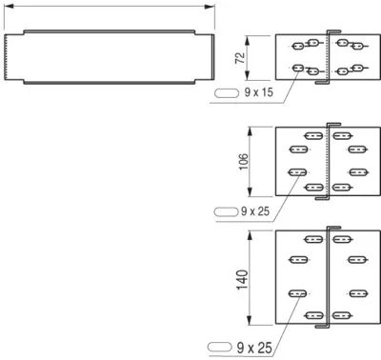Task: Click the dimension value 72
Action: point(240,58)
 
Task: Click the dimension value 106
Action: point(244,162)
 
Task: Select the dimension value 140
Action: point(242,279)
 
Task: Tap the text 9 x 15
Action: point(259,92)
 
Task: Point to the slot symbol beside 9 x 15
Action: point(227,93)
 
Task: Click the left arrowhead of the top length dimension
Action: point(9,6)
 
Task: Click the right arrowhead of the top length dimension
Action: point(210,7)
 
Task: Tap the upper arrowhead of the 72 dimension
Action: point(248,40)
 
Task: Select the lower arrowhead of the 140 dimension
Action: point(250,320)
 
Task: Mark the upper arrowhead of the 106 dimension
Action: point(250,131)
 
